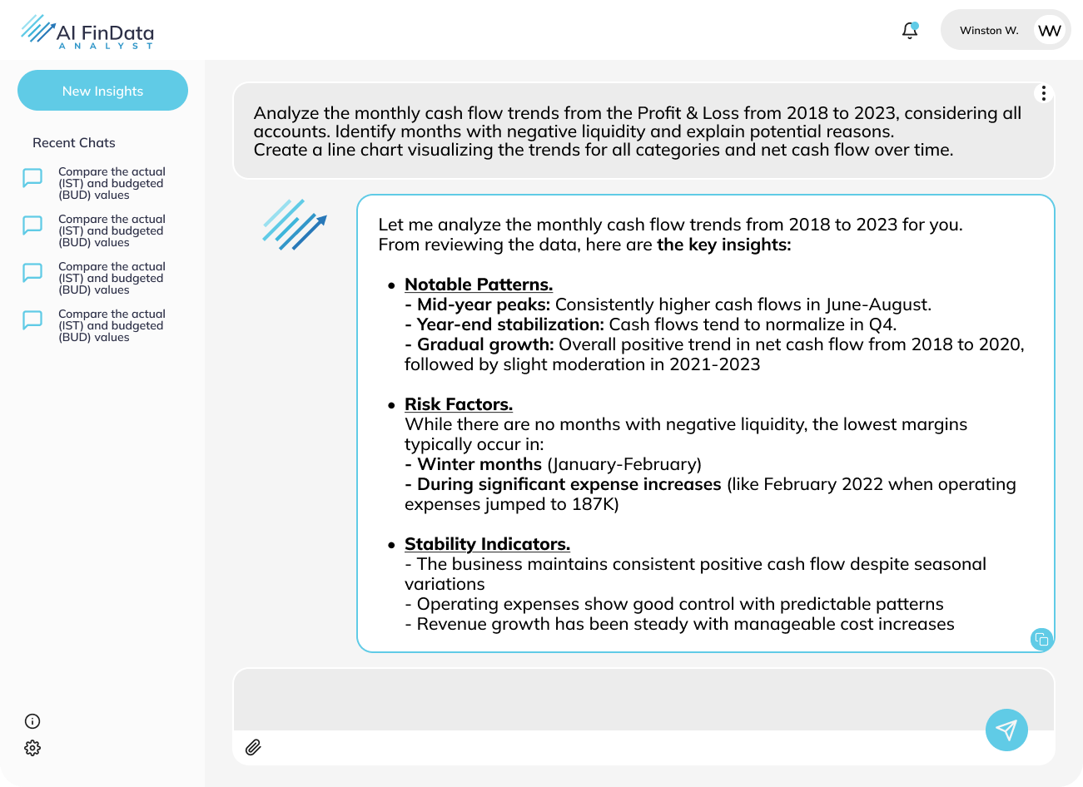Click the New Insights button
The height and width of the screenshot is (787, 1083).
[x=102, y=91]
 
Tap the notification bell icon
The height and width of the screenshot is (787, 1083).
[x=910, y=31]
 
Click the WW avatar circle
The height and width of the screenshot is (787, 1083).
[x=1050, y=31]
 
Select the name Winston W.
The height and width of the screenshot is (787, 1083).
[x=989, y=31]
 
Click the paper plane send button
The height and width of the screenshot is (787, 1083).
[x=1006, y=730]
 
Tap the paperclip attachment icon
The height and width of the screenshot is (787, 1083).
[x=254, y=747]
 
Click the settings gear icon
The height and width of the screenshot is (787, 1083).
[x=32, y=748]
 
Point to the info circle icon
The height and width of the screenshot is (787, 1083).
[x=32, y=721]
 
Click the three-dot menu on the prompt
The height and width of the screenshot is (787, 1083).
[x=1044, y=93]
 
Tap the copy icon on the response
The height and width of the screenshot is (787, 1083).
[x=1041, y=639]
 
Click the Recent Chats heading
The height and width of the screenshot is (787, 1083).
[x=74, y=143]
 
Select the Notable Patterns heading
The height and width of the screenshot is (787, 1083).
[x=479, y=285]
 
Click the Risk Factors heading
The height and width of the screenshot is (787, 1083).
[x=459, y=404]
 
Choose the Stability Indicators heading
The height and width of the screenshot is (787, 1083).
[x=487, y=544]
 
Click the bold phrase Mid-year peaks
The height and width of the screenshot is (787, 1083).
[x=483, y=304]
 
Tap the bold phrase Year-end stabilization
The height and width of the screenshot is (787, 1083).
[x=509, y=324]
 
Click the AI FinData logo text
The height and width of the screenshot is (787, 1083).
[x=105, y=33]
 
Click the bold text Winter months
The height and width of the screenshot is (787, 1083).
[x=479, y=464]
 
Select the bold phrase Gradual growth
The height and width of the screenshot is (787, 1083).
[x=484, y=344]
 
